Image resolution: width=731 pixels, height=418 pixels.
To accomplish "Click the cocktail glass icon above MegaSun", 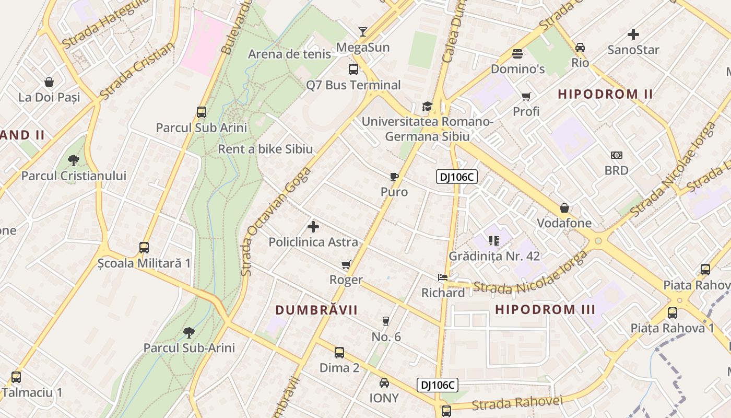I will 363,31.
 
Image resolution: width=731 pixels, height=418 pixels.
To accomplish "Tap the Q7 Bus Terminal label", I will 353,85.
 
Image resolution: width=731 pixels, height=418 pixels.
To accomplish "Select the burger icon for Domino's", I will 517,53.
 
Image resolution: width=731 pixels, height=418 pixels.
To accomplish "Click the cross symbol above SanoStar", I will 633,34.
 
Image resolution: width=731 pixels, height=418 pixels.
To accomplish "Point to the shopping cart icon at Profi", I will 526,96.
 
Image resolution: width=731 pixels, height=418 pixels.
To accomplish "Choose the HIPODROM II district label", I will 605,95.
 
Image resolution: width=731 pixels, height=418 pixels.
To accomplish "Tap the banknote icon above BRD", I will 617,155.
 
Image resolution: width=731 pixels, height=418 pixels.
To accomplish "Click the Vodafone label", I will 564,223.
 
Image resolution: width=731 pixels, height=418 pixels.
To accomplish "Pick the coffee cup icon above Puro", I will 394,177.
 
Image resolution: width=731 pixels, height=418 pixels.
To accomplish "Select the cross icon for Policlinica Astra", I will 313,227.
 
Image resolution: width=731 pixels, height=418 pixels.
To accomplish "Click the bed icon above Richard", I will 443,277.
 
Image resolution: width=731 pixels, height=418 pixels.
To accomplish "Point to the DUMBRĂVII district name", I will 316,310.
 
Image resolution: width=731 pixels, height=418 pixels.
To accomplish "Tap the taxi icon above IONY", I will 384,382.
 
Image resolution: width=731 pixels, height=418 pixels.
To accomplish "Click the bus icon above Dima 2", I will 339,353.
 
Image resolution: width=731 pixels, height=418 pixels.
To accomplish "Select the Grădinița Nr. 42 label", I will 494,257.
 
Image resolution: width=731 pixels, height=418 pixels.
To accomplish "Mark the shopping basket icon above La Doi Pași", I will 49,82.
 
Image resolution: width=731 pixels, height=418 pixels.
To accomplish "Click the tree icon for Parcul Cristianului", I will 74,160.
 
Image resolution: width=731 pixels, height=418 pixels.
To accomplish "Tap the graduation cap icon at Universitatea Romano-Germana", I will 427,107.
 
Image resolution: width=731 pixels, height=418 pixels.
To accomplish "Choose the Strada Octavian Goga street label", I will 275,222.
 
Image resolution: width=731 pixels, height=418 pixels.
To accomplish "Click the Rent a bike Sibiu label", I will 265,149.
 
